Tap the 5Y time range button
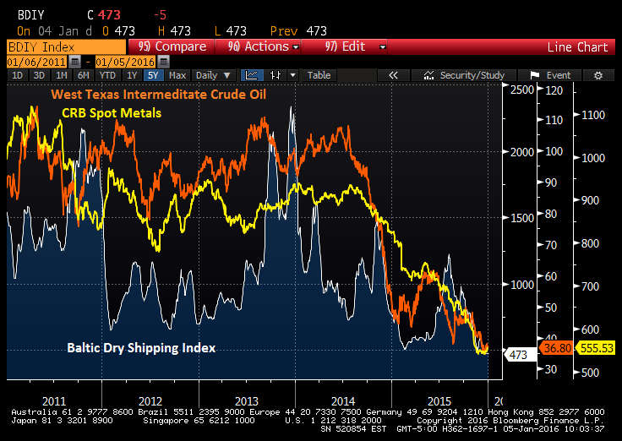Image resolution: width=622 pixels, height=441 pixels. click(x=151, y=75)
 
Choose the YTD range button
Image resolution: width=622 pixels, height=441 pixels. click(x=107, y=75)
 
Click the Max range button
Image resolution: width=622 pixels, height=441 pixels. click(x=177, y=75)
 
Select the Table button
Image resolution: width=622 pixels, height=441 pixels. click(x=319, y=75)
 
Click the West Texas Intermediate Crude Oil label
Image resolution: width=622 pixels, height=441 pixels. click(x=159, y=95)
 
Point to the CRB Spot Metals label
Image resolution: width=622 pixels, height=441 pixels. click(x=112, y=112)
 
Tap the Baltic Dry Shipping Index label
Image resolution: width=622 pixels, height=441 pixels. click(x=140, y=348)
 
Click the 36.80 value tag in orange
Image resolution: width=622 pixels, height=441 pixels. click(x=554, y=348)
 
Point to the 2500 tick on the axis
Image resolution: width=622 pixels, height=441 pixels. click(x=523, y=90)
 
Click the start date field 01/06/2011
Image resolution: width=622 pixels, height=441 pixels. click(x=36, y=62)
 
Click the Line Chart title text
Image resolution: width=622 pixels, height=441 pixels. click(x=577, y=47)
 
